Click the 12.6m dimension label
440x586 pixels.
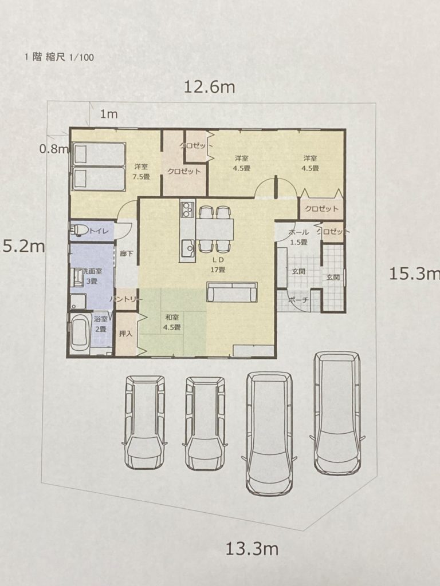[210, 87]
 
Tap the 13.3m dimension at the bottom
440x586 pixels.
[252, 549]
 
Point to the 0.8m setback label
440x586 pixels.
[54, 149]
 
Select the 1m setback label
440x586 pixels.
[108, 114]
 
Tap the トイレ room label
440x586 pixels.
[99, 231]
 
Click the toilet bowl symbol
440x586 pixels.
[79, 231]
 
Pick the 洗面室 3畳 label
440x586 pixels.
[92, 276]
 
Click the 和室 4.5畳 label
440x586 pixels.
[172, 322]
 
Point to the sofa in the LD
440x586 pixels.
[232, 292]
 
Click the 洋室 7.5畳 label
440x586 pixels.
[141, 172]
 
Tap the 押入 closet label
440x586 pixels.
[125, 334]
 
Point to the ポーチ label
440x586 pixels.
[298, 300]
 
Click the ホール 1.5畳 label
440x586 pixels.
[298, 237]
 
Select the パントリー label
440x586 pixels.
[126, 299]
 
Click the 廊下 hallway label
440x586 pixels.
[127, 254]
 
